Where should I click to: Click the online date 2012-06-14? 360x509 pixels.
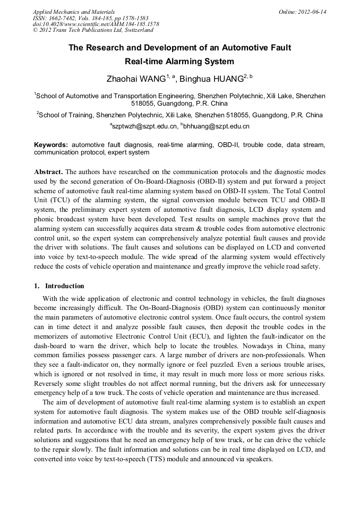point(313,12)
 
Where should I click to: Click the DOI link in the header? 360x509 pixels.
point(96,24)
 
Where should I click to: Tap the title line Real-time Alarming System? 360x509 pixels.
point(179,62)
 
